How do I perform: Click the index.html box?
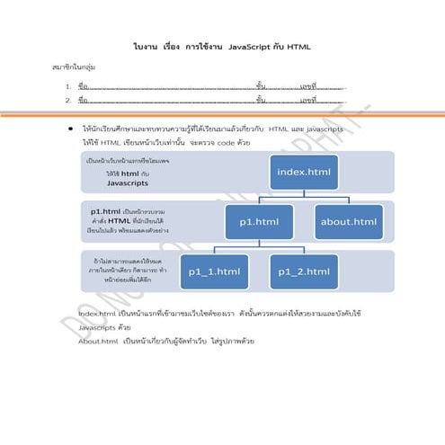303,171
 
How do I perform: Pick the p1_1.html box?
214,271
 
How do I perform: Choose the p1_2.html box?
303,271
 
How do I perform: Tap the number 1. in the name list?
68,87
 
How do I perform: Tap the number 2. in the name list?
68,101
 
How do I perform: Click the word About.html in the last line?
97,342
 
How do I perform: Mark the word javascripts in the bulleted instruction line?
318,129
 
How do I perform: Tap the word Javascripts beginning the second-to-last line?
98,327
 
